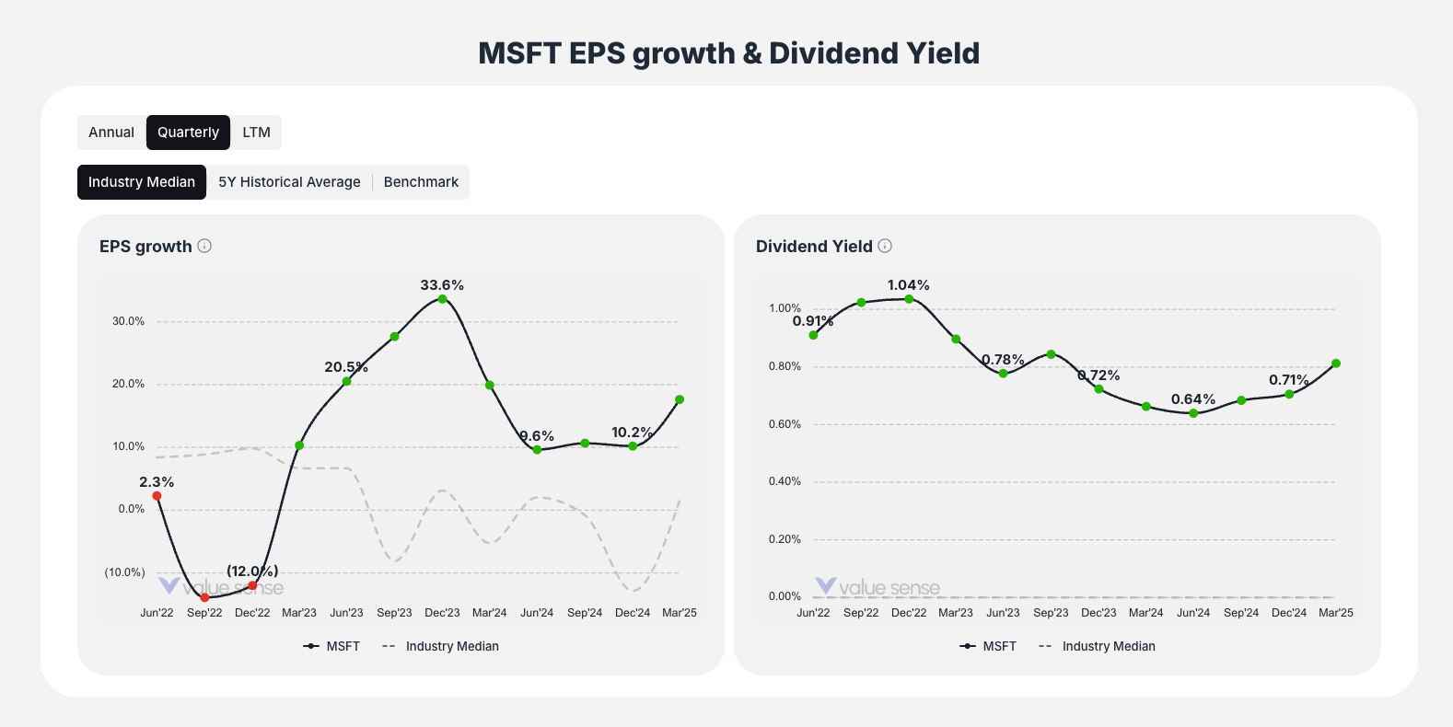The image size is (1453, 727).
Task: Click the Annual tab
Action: click(111, 133)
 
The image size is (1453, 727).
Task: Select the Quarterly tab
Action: click(188, 133)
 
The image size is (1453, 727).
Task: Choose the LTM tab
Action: click(256, 133)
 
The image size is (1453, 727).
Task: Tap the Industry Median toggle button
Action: click(142, 182)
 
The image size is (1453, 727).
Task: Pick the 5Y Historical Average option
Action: click(289, 182)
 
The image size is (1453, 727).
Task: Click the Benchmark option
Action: click(421, 182)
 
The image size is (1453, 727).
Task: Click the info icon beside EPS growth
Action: click(204, 246)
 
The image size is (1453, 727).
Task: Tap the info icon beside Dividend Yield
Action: click(885, 246)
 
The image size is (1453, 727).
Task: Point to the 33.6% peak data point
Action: click(442, 299)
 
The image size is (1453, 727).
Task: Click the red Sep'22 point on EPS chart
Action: click(204, 597)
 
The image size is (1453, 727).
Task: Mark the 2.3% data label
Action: click(157, 482)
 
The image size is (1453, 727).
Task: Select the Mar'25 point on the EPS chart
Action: click(680, 399)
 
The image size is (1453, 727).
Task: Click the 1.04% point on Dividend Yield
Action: click(909, 299)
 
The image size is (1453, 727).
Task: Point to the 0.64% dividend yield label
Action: click(1193, 399)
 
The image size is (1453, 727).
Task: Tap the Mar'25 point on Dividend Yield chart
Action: click(1336, 363)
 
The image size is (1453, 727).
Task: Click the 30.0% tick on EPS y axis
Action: click(129, 321)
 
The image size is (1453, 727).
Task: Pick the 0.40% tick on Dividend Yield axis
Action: click(785, 481)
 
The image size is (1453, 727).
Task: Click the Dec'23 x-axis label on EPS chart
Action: click(442, 613)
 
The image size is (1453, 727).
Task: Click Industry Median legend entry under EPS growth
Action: click(441, 646)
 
